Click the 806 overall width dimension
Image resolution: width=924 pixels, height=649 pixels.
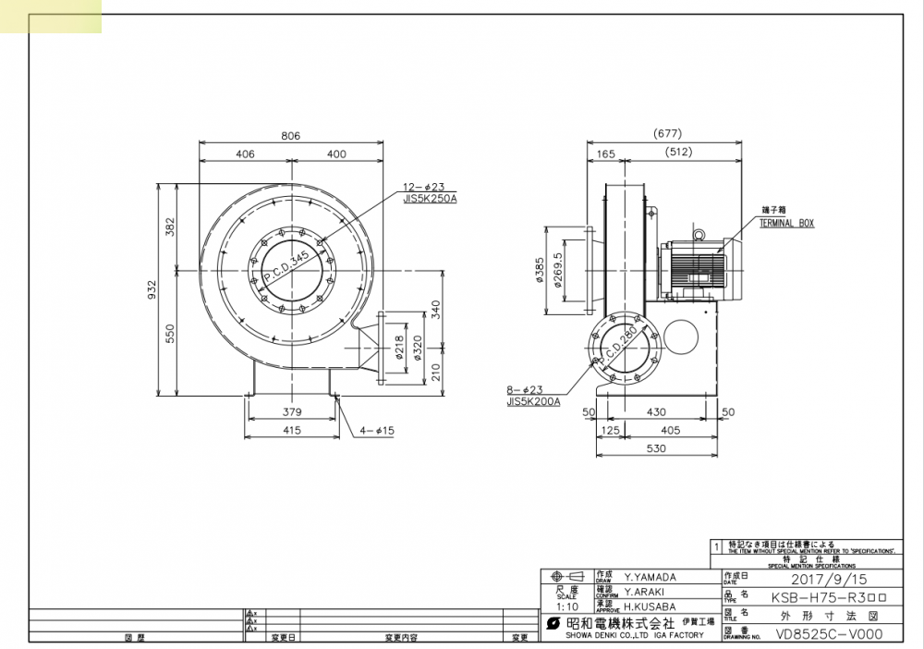click(290, 135)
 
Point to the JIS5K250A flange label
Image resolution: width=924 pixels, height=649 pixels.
click(430, 198)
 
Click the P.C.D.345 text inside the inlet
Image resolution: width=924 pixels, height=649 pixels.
click(286, 264)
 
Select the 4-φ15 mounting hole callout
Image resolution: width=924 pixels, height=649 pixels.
click(374, 430)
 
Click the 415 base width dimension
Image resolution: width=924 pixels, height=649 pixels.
click(292, 430)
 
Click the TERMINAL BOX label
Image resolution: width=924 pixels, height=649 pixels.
click(786, 224)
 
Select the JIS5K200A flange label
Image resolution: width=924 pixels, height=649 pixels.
click(533, 402)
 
